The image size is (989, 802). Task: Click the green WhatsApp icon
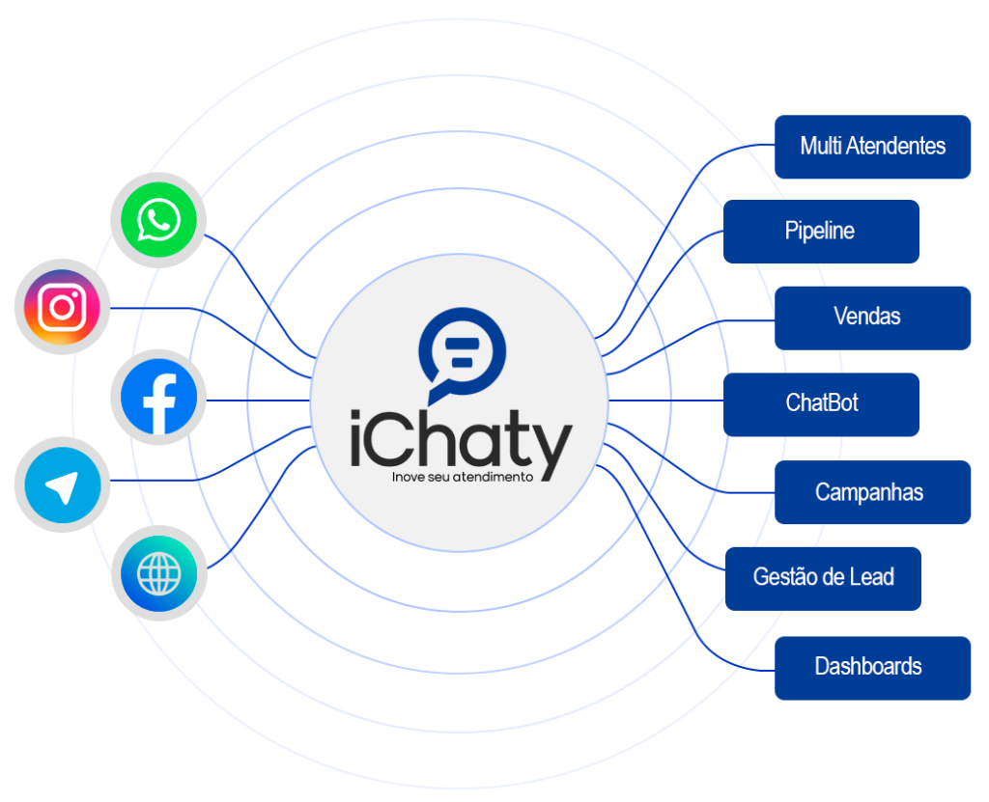tap(158, 220)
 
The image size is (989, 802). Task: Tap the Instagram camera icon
tap(63, 308)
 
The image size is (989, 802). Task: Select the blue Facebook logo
tap(159, 398)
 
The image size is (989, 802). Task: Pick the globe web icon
tap(158, 576)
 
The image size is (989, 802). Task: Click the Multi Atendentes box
tap(872, 147)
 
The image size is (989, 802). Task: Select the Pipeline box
tap(821, 232)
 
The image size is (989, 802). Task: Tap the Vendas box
tap(872, 318)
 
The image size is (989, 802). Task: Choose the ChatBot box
tap(821, 403)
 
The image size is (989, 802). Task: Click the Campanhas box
tap(872, 492)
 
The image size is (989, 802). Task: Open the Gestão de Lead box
tap(823, 578)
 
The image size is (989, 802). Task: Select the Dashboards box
tap(872, 667)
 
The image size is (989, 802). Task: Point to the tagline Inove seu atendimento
tap(463, 477)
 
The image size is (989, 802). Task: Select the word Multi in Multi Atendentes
tap(820, 147)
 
